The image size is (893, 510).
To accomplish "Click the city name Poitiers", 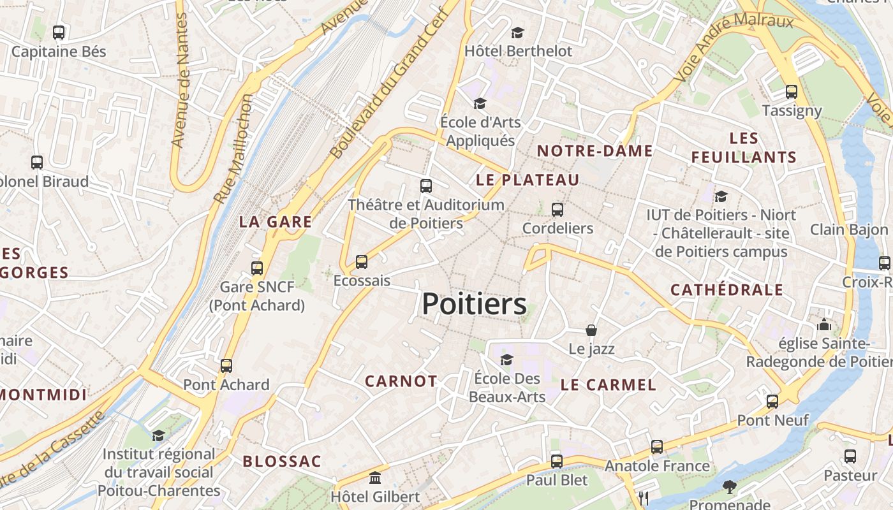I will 475,304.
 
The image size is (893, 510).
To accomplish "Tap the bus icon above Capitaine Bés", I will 59,32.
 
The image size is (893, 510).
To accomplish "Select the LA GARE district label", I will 276,222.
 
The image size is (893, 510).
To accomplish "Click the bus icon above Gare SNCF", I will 257,268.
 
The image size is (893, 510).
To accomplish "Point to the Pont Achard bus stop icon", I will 226,366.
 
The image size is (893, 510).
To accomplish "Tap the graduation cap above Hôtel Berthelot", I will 517,32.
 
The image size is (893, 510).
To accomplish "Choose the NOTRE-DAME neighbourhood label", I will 594,151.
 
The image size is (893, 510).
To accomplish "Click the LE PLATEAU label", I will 528,180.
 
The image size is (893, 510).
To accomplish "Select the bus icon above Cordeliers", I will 557,209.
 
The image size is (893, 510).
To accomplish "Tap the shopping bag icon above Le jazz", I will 591,330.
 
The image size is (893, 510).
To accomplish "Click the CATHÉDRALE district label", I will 727,290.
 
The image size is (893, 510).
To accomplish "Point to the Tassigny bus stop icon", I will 792,91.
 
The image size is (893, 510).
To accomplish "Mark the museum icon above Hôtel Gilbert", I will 375,477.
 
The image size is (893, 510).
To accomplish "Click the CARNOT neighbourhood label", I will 401,381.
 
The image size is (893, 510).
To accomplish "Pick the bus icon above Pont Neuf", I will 772,402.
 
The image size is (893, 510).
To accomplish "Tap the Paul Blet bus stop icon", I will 557,461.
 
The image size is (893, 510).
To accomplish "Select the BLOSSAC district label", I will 282,461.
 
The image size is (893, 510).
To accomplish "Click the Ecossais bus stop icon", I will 362,261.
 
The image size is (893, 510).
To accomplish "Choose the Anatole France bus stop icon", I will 657,447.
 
